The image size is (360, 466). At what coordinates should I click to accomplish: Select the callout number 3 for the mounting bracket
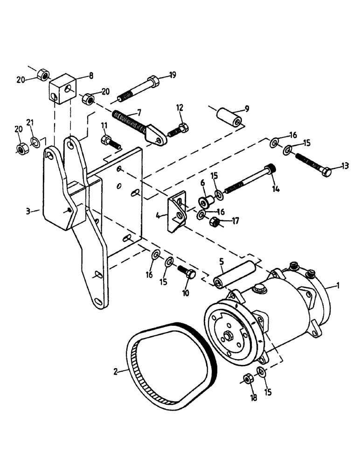(x=29, y=211)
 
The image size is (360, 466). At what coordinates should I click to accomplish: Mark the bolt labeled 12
(x=178, y=129)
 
